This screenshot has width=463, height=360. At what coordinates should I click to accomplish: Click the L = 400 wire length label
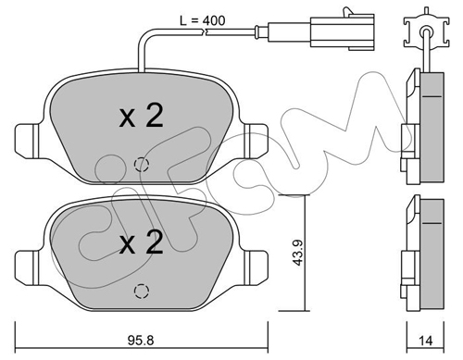coord(203,20)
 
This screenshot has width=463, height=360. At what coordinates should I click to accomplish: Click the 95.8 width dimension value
coord(141,341)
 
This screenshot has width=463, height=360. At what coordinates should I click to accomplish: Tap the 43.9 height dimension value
coord(298,253)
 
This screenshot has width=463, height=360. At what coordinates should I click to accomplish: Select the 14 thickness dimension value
coord(425,341)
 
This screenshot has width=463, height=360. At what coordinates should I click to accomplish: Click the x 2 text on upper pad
coord(141,116)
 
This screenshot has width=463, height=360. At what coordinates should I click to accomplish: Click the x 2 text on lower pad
coord(141,242)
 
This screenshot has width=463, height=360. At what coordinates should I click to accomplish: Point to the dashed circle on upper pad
coord(142,165)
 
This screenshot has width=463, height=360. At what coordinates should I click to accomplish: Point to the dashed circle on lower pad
coord(142,291)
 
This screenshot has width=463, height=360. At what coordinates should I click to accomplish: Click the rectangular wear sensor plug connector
coord(343,31)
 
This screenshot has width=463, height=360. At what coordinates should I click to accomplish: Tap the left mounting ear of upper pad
coord(28,142)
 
